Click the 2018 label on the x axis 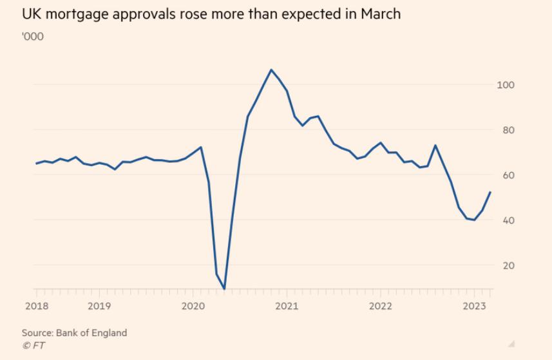[37, 306]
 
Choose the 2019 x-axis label [99, 306]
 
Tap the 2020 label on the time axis [193, 306]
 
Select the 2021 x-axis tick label [287, 306]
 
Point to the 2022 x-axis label [381, 306]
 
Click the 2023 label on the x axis [475, 306]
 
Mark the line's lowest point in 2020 [224, 289]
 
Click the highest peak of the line [271, 70]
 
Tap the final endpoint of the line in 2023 [491, 192]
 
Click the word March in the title [383, 14]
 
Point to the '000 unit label [32, 36]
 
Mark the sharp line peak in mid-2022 [435, 145]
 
